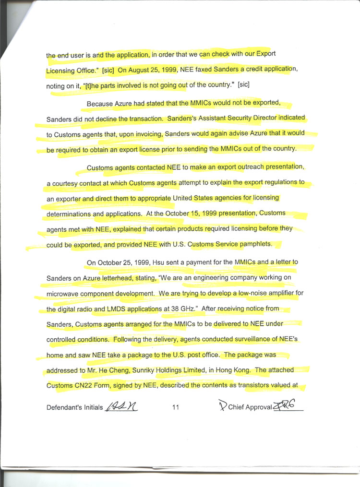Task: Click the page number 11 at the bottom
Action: (x=175, y=407)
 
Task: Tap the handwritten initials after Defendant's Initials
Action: (x=121, y=406)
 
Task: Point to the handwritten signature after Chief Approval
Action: (x=287, y=406)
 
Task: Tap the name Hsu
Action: (x=150, y=262)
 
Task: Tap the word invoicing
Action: (x=144, y=134)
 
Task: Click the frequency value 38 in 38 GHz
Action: (x=171, y=309)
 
